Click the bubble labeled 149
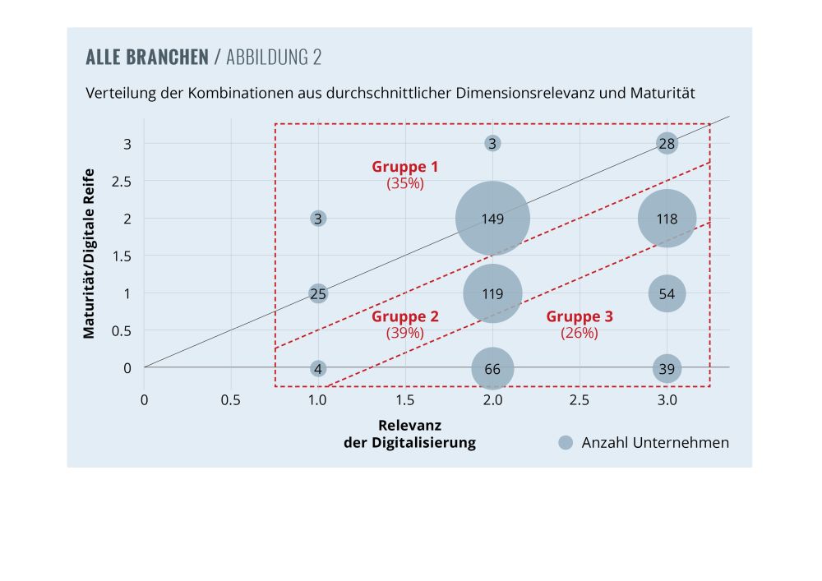(x=492, y=219)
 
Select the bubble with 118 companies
(x=667, y=219)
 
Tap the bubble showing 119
(x=492, y=293)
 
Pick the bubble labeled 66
(x=492, y=368)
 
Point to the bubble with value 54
(x=667, y=293)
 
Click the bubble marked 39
(x=667, y=368)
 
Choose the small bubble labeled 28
(x=667, y=144)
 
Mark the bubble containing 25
(x=318, y=293)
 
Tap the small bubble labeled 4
(x=318, y=368)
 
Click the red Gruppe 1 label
(x=405, y=167)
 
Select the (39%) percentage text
(x=405, y=333)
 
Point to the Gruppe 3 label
(x=580, y=316)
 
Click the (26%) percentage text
(x=580, y=333)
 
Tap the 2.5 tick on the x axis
(x=580, y=400)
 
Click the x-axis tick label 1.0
(x=318, y=400)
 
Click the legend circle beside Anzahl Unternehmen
(x=565, y=442)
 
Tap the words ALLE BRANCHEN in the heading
(x=147, y=58)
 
